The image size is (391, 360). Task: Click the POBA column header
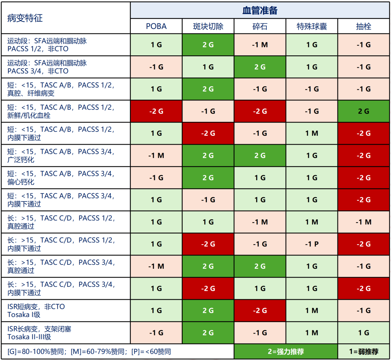click(x=156, y=26)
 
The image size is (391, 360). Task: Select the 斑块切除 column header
click(x=208, y=26)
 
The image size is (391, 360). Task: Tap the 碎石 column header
click(x=260, y=26)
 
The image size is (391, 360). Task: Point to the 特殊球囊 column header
click(x=312, y=26)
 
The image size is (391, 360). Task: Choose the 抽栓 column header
click(x=363, y=26)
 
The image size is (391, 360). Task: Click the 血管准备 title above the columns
click(x=260, y=10)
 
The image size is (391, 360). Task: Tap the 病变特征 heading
click(x=25, y=18)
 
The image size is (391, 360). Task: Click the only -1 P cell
click(x=312, y=244)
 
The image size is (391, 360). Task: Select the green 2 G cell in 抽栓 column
click(x=363, y=111)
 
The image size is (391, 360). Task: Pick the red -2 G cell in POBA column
click(x=156, y=111)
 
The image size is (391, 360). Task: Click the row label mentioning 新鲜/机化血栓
click(x=61, y=111)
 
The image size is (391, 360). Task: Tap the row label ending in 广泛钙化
click(x=61, y=156)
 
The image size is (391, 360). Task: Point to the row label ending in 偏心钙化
click(x=61, y=178)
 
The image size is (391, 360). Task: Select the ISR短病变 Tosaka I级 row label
click(x=36, y=310)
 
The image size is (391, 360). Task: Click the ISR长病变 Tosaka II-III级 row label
click(x=39, y=333)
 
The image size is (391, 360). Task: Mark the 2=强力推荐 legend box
click(x=286, y=352)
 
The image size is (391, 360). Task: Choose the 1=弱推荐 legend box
click(x=363, y=352)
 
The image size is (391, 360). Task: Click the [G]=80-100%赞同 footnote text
click(x=37, y=352)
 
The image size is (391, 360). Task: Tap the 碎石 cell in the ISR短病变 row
click(x=260, y=310)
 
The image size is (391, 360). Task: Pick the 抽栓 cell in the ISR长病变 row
click(x=363, y=333)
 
